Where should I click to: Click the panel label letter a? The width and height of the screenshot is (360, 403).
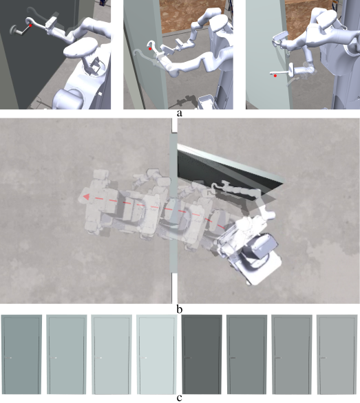pos(180,113)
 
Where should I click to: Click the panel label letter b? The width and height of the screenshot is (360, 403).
pos(180,309)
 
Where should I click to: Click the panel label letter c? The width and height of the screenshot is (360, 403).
pos(180,398)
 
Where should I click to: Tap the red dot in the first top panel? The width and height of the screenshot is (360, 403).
pos(30,25)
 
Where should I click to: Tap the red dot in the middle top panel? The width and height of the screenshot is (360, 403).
pos(150,49)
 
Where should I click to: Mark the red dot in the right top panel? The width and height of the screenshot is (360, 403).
pos(275,76)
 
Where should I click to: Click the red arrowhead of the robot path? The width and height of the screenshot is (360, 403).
pos(86,197)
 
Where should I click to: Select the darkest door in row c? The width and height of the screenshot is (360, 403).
pos(202,355)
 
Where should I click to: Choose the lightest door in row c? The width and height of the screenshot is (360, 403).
pos(157,355)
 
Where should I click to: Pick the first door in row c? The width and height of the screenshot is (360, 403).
pos(21,355)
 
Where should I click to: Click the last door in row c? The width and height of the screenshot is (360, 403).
pos(337,355)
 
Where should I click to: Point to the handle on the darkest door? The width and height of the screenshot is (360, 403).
pos(188,358)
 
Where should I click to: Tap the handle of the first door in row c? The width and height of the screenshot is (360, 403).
pos(8,358)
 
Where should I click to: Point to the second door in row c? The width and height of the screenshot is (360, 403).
pos(66,355)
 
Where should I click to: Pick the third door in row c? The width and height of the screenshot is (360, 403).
pos(112,355)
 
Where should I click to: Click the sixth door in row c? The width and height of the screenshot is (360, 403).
pos(247,355)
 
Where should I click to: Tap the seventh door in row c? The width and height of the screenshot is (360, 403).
pos(292,355)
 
